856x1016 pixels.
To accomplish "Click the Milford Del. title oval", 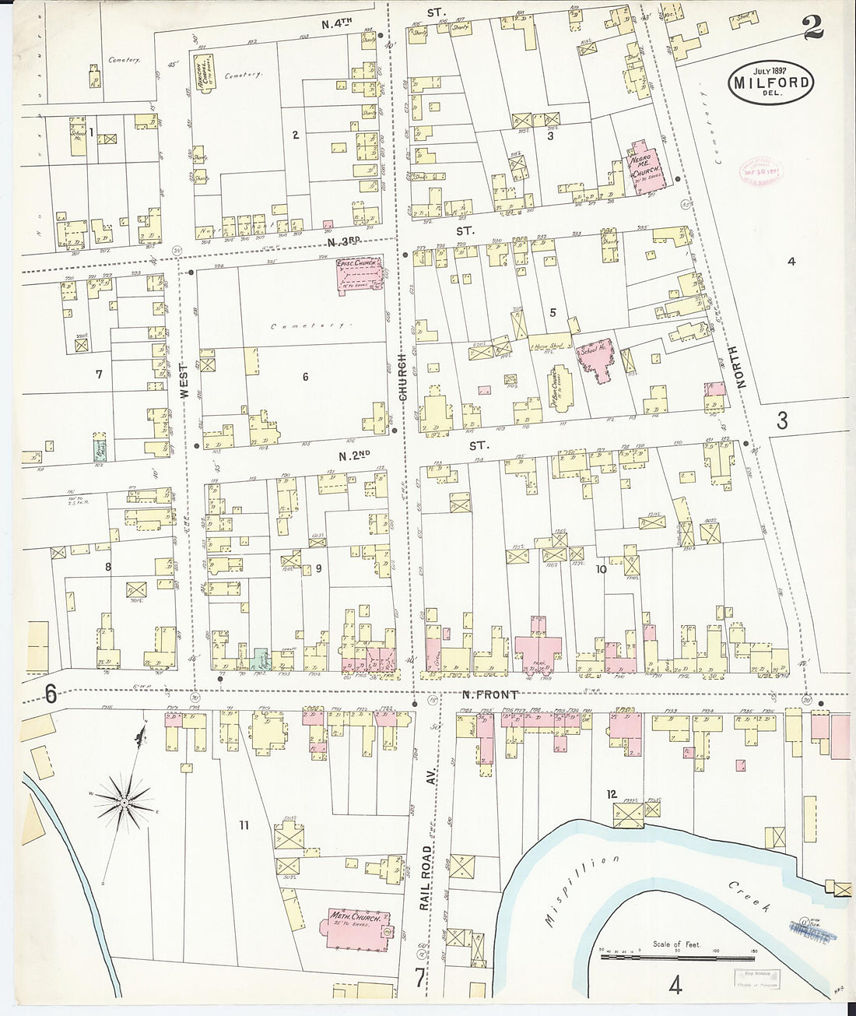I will click(x=771, y=82).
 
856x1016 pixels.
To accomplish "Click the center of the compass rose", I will click(x=124, y=800).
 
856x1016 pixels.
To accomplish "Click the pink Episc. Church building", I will click(x=360, y=275).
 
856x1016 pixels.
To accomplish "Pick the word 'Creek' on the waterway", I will click(x=749, y=897).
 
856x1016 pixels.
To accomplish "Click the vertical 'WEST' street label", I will click(x=185, y=381).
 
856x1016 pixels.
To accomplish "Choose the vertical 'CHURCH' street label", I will click(x=402, y=378).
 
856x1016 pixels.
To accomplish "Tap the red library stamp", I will click(x=760, y=174).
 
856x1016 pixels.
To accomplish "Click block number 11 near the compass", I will click(x=244, y=824).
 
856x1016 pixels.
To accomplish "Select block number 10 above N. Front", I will click(x=601, y=569).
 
